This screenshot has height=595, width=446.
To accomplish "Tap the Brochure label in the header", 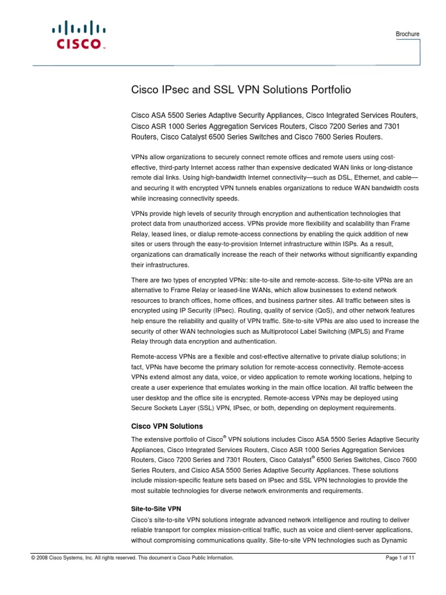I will pyautogui.click(x=407, y=34).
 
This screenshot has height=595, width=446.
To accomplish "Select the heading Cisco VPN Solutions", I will pyautogui.click(x=166, y=426).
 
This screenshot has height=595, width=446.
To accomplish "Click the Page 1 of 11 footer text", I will pyautogui.click(x=400, y=558).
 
